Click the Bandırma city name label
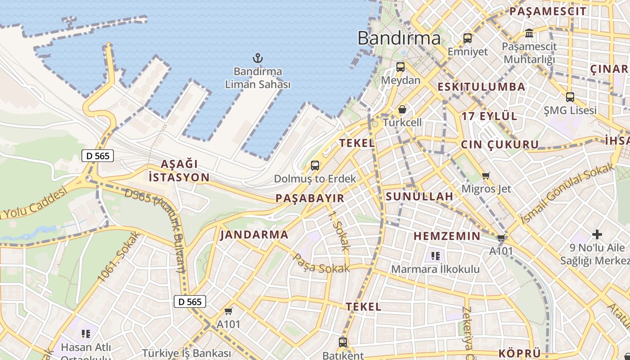coord(399,38)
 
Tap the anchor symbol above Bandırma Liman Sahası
coord(258,58)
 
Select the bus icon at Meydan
coord(400,67)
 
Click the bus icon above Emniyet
coord(468,38)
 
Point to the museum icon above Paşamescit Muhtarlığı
coord(529,33)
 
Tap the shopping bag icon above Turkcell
coord(402,109)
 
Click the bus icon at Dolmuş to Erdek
coord(315,165)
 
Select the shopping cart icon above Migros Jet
coord(486,175)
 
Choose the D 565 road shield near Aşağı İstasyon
coord(98,156)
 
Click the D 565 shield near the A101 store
coord(190,301)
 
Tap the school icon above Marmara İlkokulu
coord(435,256)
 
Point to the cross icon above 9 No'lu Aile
coord(597,234)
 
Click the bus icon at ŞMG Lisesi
coord(570,97)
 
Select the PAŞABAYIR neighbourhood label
coord(310,198)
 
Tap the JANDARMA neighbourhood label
coord(254,234)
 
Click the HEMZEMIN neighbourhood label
coord(447,236)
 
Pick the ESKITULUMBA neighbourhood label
coord(481,87)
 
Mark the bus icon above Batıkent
coord(343,342)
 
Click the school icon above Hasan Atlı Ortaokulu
coord(86,334)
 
